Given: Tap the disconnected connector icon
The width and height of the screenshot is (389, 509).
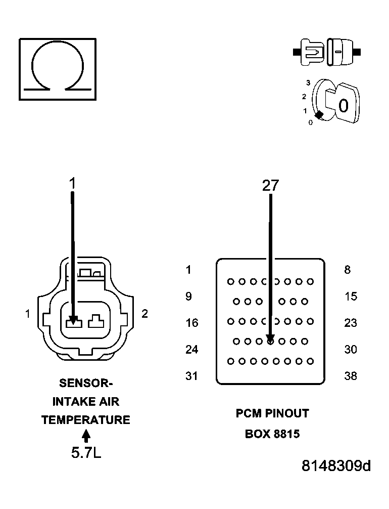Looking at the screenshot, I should [x=327, y=52].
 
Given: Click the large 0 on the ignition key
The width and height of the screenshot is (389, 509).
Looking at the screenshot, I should [x=343, y=106].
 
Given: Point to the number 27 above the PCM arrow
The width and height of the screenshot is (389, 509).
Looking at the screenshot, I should [x=270, y=186].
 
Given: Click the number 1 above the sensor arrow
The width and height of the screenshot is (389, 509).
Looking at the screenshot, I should [x=72, y=183].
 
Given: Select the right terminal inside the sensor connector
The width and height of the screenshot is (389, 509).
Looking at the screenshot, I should [x=95, y=321].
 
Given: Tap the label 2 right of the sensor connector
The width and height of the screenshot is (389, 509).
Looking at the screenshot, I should [x=144, y=314].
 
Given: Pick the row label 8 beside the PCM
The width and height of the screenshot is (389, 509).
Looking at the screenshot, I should [x=347, y=270].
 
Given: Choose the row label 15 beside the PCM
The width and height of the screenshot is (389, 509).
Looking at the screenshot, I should [x=351, y=296].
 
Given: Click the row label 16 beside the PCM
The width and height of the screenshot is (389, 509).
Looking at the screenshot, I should [x=192, y=323].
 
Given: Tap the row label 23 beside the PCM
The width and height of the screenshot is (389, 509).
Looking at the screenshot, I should [x=351, y=323].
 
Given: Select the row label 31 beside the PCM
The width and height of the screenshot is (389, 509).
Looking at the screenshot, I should [x=192, y=376].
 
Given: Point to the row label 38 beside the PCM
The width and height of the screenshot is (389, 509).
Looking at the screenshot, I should [x=351, y=376].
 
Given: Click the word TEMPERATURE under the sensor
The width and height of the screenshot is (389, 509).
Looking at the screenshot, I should [x=86, y=420].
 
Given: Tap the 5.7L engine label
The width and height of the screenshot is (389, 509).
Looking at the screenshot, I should [x=86, y=452].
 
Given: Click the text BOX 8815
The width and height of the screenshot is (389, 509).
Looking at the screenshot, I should [x=272, y=434].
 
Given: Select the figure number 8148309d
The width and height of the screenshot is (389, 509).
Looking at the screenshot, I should [x=336, y=466].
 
